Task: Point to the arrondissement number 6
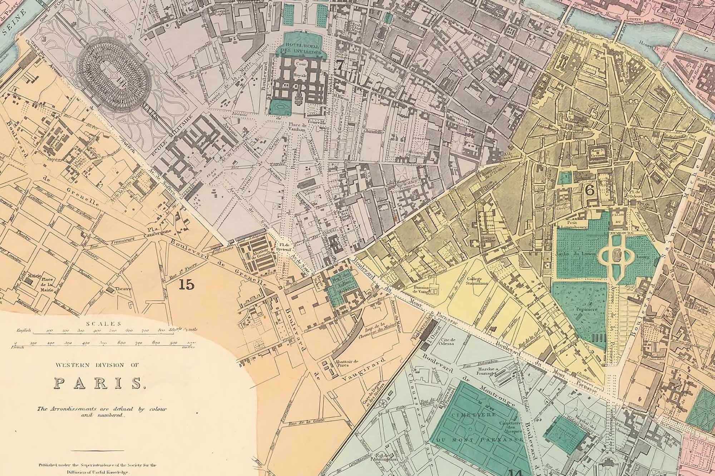(x=590, y=190)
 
